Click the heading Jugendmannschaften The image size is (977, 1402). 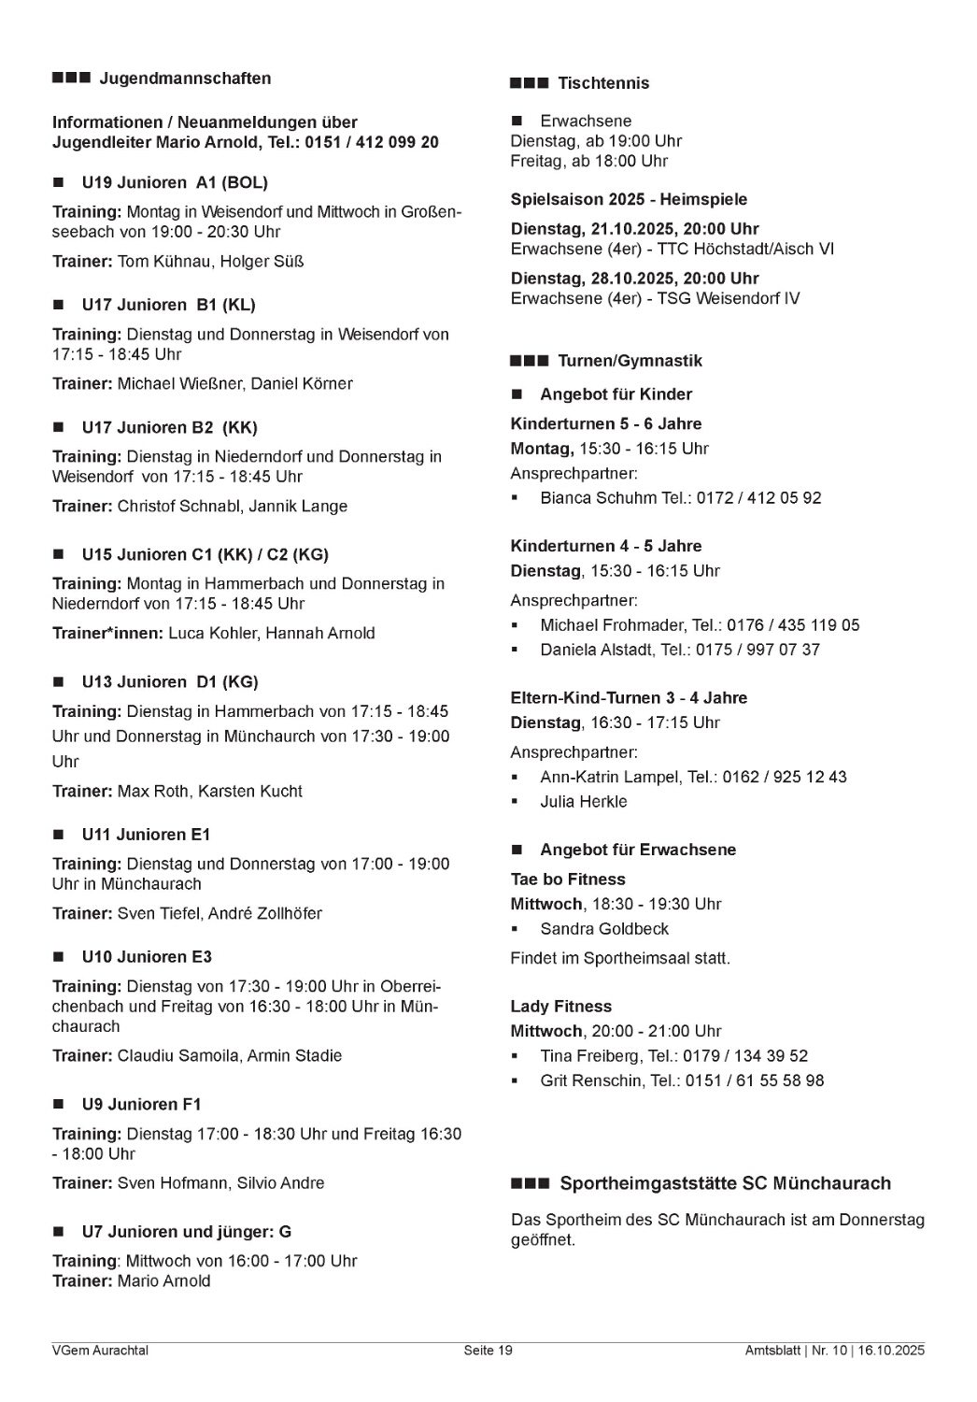pos(185,79)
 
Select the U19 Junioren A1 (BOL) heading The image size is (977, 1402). pos(175,182)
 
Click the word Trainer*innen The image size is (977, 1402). pos(107,633)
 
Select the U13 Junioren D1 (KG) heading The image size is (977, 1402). pos(170,681)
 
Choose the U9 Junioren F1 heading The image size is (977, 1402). pos(141,1104)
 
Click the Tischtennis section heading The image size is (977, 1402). pos(602,83)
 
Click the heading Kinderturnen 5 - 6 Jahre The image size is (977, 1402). pos(605,423)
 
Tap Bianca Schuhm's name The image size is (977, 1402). pos(598,497)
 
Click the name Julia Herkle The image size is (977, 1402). pos(584,801)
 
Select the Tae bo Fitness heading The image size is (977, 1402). pos(568,879)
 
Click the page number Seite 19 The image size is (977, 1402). pos(488,1350)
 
